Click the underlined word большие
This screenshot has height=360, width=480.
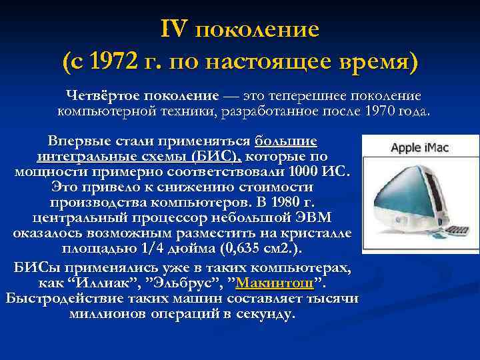click(x=286, y=141)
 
